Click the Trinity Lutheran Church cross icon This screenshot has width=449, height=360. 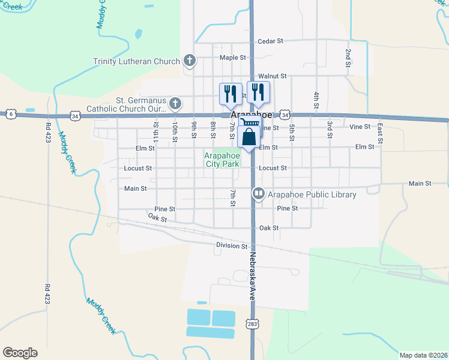pos(190,61)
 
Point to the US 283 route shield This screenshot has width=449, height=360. pos(252,324)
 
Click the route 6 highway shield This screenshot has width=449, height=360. pos(10,113)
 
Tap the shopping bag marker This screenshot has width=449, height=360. pos(249,137)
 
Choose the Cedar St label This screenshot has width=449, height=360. pos(270,41)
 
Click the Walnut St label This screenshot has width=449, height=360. pos(273,77)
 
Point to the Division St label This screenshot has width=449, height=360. pos(232,246)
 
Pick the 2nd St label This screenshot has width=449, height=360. pos(348,55)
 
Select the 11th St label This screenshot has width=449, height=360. pos(155,131)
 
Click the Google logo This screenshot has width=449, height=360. pos(20,353)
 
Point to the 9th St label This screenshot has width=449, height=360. pos(194,129)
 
